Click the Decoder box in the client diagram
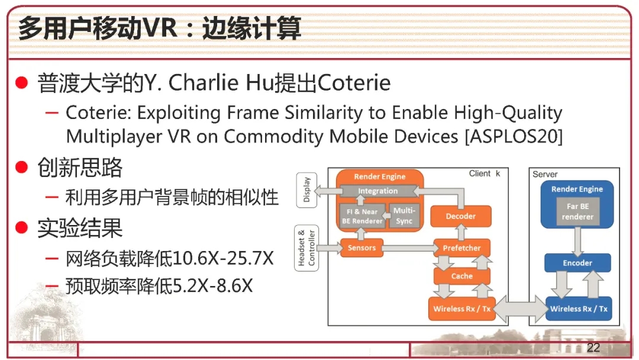coord(460,216)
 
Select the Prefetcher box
coord(461,248)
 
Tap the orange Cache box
coord(461,276)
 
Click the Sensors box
coord(362,248)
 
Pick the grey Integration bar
coord(377,191)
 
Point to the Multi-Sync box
coord(404,216)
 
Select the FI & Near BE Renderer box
coord(362,216)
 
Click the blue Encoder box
coord(577,263)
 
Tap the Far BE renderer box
coord(577,211)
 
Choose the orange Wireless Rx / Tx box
coord(461,308)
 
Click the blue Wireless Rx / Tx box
coord(579,308)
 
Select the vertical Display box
coord(306,190)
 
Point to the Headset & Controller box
coord(306,248)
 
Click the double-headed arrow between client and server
coord(521,309)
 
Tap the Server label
coord(545,174)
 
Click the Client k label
coord(485,173)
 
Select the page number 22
coord(593,348)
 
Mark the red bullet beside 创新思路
coord(21,167)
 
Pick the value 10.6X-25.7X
coord(223,258)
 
